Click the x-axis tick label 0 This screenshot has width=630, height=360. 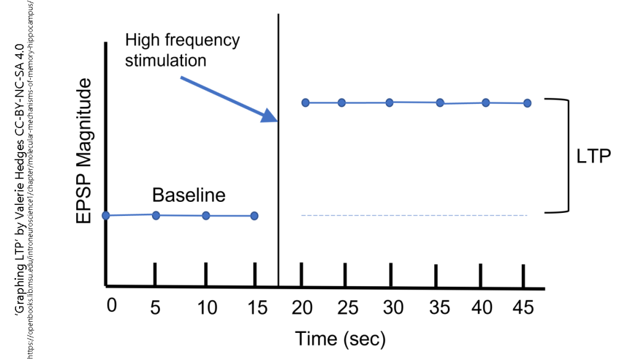pyautogui.click(x=111, y=306)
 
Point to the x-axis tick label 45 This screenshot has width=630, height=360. pyautogui.click(x=524, y=307)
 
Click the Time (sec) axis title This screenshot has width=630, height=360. pyautogui.click(x=340, y=338)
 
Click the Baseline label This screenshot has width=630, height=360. pyautogui.click(x=189, y=195)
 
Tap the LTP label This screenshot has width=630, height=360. pyautogui.click(x=593, y=156)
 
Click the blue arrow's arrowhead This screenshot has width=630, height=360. pyautogui.click(x=270, y=116)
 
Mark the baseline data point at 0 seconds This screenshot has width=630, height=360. pyautogui.click(x=106, y=215)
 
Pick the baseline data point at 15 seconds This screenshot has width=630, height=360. pyautogui.click(x=255, y=216)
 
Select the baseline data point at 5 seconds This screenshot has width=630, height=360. pyautogui.click(x=156, y=215)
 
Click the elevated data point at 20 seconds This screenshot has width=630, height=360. pyautogui.click(x=305, y=102)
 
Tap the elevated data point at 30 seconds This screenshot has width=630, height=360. pyautogui.click(x=389, y=102)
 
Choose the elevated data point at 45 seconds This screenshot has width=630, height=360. pyautogui.click(x=527, y=103)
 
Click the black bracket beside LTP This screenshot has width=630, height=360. pyautogui.click(x=566, y=156)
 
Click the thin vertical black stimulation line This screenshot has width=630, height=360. pyautogui.click(x=279, y=185)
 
